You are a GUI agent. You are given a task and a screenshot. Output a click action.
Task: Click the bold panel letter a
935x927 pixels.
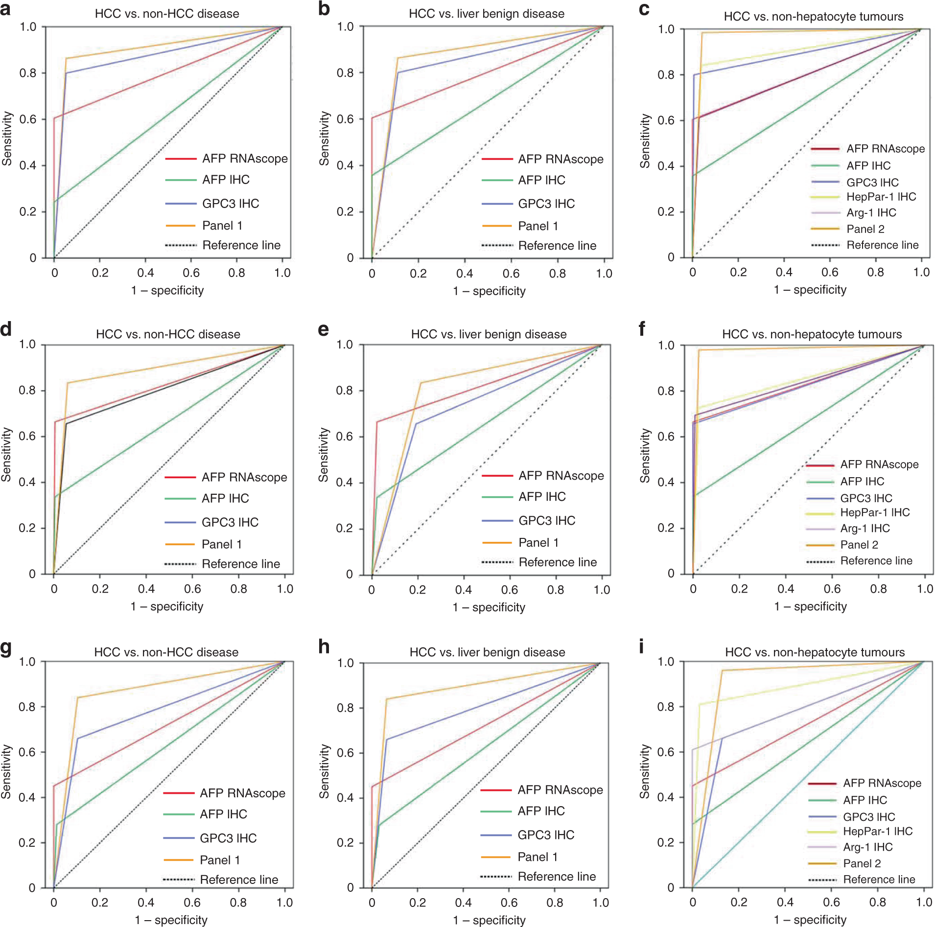pyautogui.click(x=6, y=9)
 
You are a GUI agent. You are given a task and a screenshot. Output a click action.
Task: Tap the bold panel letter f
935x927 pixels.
pyautogui.click(x=642, y=329)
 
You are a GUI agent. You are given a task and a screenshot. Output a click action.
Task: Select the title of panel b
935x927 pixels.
pyautogui.click(x=486, y=14)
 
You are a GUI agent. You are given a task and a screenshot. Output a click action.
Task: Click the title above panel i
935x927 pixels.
pyautogui.click(x=815, y=652)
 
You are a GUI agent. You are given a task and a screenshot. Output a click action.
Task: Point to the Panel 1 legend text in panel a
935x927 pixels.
pyautogui.click(x=222, y=226)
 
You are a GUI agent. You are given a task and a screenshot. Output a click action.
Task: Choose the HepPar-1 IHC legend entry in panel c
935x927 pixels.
pyautogui.click(x=881, y=197)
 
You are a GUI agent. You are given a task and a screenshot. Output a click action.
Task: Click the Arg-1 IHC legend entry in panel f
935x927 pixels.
pyautogui.click(x=865, y=529)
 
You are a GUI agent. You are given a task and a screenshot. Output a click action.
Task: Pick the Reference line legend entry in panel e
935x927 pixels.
pyautogui.click(x=557, y=562)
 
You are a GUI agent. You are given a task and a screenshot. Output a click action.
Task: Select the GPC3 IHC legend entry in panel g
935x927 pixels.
pyautogui.click(x=228, y=838)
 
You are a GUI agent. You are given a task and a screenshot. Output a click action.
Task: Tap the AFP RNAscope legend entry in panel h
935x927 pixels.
pyautogui.click(x=560, y=790)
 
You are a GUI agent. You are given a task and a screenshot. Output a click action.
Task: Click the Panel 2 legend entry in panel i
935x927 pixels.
pyautogui.click(x=862, y=863)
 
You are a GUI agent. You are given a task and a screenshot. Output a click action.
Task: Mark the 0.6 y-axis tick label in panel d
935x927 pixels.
pyautogui.click(x=27, y=436)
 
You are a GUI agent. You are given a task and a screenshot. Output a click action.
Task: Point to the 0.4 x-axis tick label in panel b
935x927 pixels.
pyautogui.click(x=464, y=273)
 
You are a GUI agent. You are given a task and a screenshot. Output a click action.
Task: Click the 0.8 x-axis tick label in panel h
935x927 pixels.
pyautogui.click(x=555, y=903)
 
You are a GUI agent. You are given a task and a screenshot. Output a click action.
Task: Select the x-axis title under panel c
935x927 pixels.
pyautogui.click(x=810, y=290)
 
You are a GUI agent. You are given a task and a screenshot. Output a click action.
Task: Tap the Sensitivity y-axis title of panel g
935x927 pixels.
pyautogui.click(x=6, y=772)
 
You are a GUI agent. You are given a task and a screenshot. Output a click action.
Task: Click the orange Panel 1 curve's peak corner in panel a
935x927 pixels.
pyautogui.click(x=66, y=59)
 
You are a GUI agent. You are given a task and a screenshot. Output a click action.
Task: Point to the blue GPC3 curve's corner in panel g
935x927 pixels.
pyautogui.click(x=77, y=738)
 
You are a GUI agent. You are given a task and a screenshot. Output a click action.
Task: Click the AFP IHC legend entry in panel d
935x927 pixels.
pyautogui.click(x=225, y=498)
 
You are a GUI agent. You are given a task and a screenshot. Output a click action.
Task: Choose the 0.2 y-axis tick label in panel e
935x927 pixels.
pyautogui.click(x=344, y=529)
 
